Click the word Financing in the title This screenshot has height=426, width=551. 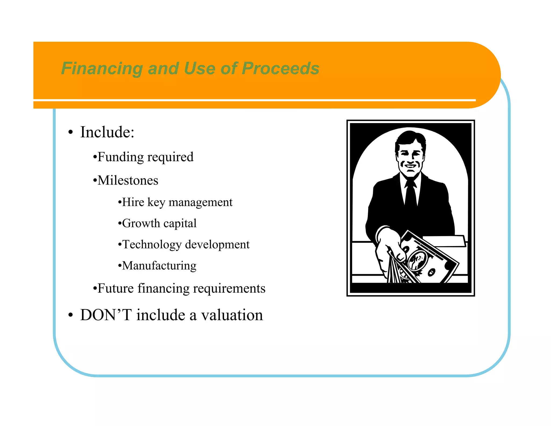click(x=102, y=68)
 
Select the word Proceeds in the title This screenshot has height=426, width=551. click(x=280, y=68)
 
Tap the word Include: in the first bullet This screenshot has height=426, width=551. click(x=107, y=132)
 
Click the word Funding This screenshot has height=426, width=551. click(x=120, y=157)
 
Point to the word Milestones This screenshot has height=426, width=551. click(x=128, y=180)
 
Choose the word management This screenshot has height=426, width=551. click(x=200, y=202)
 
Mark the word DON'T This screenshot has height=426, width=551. click(x=106, y=315)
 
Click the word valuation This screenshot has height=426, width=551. click(x=232, y=315)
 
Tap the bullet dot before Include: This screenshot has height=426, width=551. click(x=70, y=132)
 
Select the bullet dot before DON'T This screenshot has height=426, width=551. click(x=70, y=315)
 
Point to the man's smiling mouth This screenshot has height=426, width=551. click(x=410, y=166)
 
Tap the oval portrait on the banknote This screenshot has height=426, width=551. click(x=417, y=260)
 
